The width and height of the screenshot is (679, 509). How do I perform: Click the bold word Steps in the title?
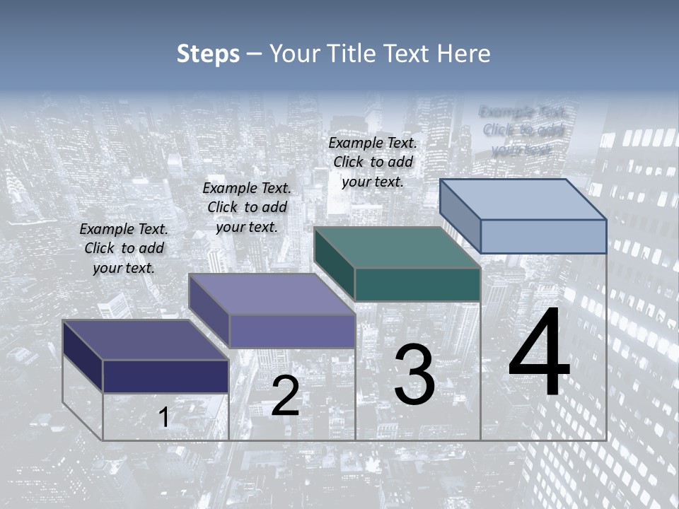(x=208, y=54)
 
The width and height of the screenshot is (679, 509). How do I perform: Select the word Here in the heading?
(x=464, y=54)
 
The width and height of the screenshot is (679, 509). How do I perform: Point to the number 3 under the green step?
(x=414, y=375)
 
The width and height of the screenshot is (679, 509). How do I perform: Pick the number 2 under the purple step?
(x=285, y=396)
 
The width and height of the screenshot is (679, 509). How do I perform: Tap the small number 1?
(x=163, y=418)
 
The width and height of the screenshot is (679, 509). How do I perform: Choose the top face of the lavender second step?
(x=272, y=294)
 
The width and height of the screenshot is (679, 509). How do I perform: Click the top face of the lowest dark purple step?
(x=146, y=340)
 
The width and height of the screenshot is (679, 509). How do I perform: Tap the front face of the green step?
(x=417, y=285)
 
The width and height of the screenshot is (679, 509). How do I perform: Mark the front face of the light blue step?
(x=543, y=236)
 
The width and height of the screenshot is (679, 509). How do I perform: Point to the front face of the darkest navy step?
(x=166, y=376)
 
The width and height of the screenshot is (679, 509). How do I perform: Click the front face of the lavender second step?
(x=291, y=331)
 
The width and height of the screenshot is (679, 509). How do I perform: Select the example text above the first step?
(x=124, y=248)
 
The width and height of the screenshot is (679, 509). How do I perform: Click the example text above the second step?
(x=247, y=207)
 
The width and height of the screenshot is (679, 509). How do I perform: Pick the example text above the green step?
(x=373, y=162)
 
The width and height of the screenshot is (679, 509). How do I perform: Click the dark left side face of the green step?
(x=334, y=263)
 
